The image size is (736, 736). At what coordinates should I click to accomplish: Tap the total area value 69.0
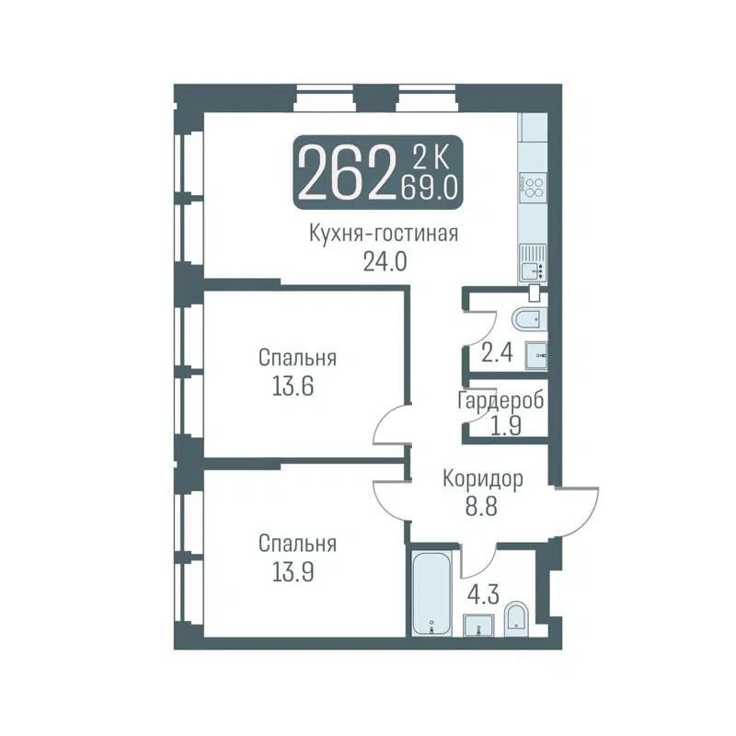(429, 189)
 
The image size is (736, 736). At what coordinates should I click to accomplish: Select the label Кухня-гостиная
(383, 233)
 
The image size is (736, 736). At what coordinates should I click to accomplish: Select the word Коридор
(483, 479)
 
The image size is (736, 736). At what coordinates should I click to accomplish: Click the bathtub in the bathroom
(430, 592)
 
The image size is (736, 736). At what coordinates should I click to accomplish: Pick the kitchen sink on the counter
(533, 270)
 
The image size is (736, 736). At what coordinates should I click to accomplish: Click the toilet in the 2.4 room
(529, 318)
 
